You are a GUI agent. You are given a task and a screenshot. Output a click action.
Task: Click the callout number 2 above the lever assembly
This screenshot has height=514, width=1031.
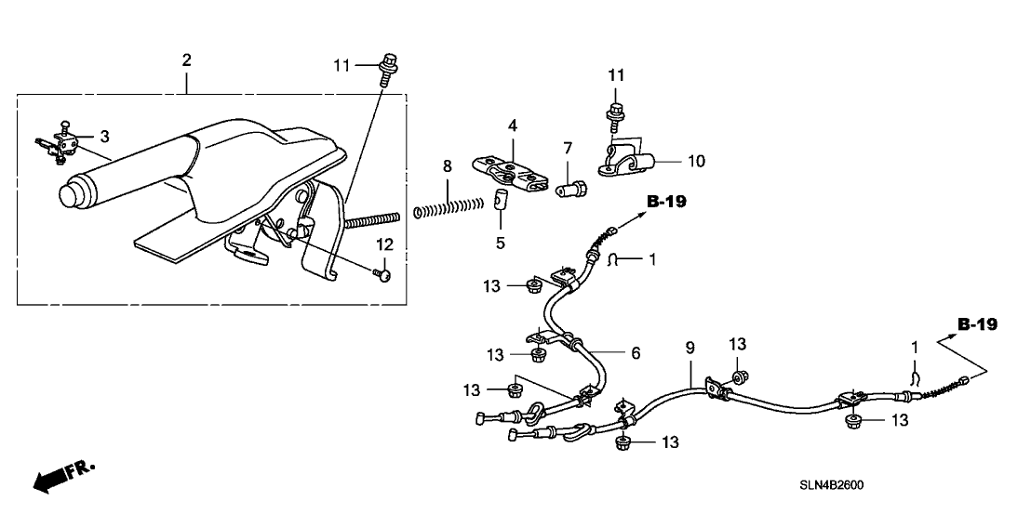point(186,60)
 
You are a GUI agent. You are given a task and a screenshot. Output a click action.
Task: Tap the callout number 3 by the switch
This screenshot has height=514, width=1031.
point(105,136)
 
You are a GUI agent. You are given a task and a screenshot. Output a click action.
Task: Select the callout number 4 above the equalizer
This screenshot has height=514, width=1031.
point(512,125)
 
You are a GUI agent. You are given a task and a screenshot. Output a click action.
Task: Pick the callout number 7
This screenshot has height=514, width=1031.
point(566,148)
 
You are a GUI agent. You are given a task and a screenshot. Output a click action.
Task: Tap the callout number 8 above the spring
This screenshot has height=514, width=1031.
point(448,166)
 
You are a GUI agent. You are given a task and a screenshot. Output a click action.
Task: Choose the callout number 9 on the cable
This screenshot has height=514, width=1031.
point(690,347)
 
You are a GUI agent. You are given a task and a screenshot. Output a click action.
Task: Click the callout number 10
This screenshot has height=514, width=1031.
point(696,161)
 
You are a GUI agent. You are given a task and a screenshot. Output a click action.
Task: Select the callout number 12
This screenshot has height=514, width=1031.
point(385,245)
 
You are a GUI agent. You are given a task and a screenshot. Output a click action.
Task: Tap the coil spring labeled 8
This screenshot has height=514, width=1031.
point(448,205)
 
